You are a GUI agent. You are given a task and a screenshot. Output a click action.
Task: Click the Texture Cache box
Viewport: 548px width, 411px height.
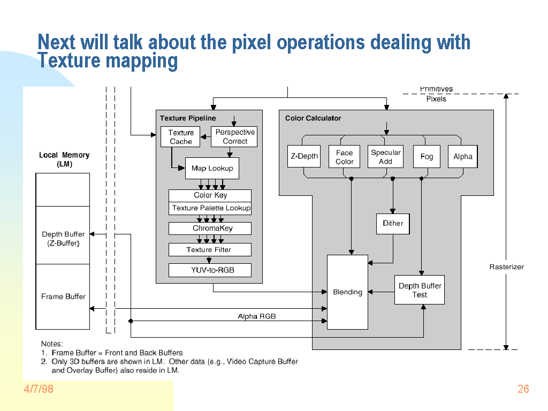180,136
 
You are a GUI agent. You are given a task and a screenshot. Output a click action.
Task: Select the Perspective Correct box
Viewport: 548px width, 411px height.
235,136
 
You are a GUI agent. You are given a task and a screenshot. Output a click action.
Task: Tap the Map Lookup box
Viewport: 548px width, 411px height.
212,168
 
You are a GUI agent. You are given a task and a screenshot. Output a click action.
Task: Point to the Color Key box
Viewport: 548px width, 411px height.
210,195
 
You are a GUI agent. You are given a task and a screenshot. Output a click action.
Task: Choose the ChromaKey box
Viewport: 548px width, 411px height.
210,229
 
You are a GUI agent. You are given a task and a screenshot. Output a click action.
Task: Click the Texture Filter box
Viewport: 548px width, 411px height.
210,250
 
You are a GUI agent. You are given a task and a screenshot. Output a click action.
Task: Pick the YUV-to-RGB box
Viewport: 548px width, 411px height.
210,270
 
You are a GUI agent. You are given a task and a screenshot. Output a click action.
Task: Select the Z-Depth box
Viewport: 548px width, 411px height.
304,156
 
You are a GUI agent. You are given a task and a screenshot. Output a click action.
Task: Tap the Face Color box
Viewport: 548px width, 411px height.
344,157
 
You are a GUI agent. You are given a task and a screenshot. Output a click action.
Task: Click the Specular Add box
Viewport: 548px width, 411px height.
385,157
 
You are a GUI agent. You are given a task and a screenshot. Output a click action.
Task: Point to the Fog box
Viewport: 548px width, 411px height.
427,156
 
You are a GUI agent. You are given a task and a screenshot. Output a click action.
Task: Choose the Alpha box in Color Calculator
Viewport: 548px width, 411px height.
462,157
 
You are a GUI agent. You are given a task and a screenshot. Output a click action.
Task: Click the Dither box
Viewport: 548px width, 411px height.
393,224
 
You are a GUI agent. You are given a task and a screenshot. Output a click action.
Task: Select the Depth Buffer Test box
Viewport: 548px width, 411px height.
420,290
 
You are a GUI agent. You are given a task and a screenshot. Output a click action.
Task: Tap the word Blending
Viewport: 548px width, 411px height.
347,292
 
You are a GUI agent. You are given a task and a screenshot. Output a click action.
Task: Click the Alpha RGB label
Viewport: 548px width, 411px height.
257,316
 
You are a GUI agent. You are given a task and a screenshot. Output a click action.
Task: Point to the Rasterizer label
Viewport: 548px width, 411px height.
506,267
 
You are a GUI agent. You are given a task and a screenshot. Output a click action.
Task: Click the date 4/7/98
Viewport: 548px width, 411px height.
38,389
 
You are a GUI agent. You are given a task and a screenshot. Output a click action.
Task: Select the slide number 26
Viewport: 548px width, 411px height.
523,389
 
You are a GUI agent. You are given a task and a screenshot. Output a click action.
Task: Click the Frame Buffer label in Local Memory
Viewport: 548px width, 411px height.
63,296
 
